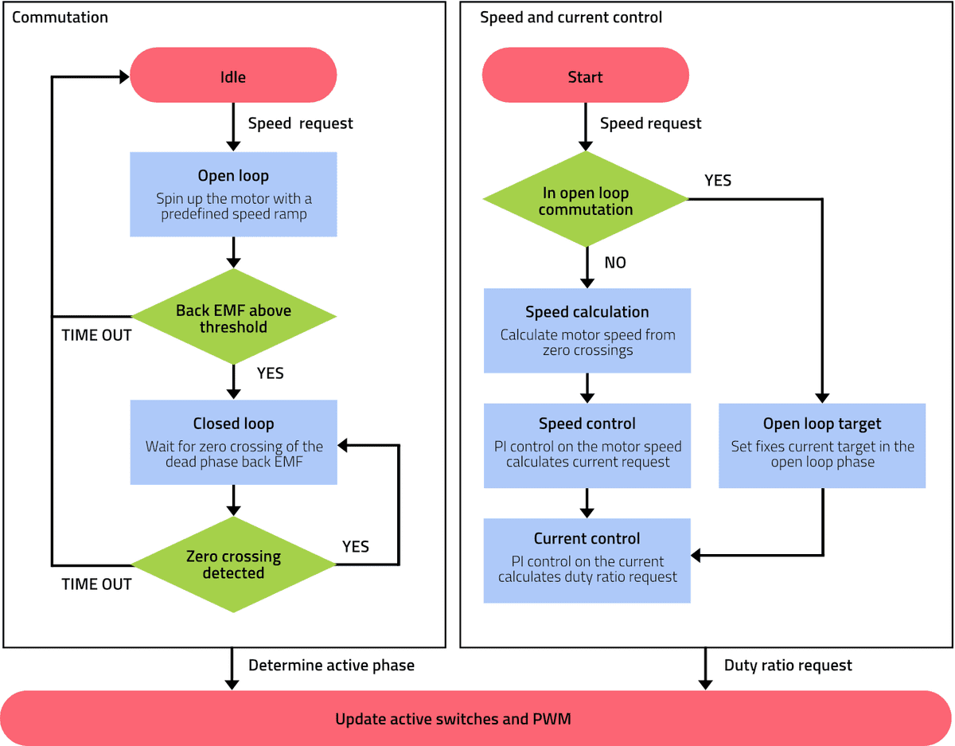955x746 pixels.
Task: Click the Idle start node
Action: pyautogui.click(x=233, y=77)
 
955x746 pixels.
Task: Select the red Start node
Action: pyautogui.click(x=585, y=77)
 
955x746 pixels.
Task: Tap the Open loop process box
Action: pyautogui.click(x=233, y=194)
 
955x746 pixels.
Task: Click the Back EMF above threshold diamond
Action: pyautogui.click(x=233, y=318)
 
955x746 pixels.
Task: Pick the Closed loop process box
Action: pyautogui.click(x=233, y=443)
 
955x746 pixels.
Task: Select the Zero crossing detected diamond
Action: pyautogui.click(x=233, y=564)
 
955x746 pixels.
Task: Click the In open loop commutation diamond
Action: pyautogui.click(x=586, y=201)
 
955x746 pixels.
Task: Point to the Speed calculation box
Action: pyautogui.click(x=587, y=330)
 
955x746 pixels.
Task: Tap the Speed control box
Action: pyautogui.click(x=587, y=445)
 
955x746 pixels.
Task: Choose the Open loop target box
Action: pyautogui.click(x=822, y=445)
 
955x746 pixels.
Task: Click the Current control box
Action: pyautogui.click(x=587, y=560)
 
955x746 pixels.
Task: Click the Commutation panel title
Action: pyautogui.click(x=60, y=17)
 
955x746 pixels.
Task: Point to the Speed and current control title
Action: pyautogui.click(x=571, y=17)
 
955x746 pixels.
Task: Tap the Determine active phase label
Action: pyautogui.click(x=331, y=665)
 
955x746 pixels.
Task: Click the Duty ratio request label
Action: pyautogui.click(x=788, y=665)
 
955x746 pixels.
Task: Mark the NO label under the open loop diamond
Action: pyautogui.click(x=615, y=262)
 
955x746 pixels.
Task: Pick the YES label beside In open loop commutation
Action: pyautogui.click(x=718, y=181)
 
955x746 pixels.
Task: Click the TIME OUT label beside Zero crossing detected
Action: pyautogui.click(x=96, y=584)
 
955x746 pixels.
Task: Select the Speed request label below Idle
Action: pyautogui.click(x=300, y=123)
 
